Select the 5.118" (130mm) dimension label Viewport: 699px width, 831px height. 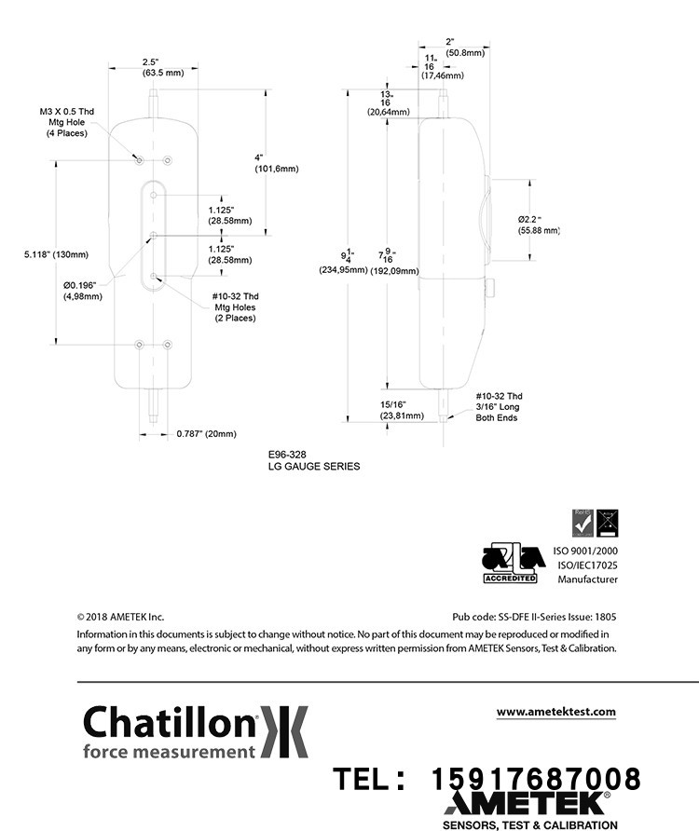click(56, 254)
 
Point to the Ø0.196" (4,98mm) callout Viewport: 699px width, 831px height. click(82, 290)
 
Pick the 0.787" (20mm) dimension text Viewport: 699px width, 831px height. click(206, 433)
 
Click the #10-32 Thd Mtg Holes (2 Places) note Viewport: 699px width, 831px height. click(235, 307)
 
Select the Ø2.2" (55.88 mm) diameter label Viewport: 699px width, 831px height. click(539, 225)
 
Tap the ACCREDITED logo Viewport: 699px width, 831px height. click(509, 563)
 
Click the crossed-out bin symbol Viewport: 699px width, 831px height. click(607, 524)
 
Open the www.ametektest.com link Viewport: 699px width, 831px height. click(555, 712)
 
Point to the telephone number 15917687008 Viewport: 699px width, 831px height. click(536, 778)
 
